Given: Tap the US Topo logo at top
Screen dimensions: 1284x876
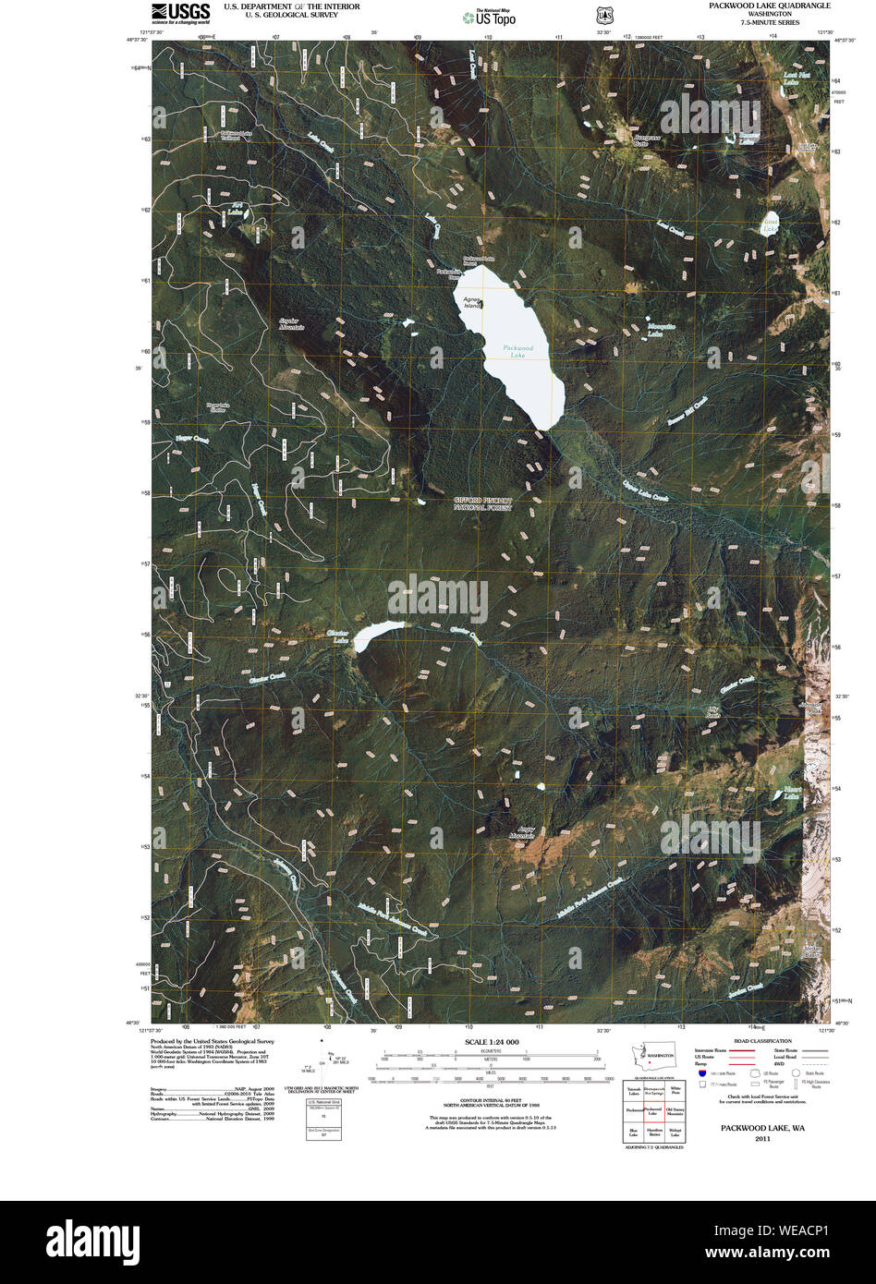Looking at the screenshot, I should (490, 17).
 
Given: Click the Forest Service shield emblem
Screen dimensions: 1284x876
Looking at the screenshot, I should (602, 17).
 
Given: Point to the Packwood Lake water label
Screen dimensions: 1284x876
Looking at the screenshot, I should (519, 351).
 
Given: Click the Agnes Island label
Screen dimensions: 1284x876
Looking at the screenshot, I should (472, 302).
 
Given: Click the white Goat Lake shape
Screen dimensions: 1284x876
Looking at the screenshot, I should (769, 224).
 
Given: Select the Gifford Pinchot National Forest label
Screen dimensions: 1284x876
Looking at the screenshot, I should (482, 503).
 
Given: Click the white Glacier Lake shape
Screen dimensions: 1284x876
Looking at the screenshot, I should (377, 633).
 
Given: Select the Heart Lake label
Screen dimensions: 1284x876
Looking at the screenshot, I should (792, 792).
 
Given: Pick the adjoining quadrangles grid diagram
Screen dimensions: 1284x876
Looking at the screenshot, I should (653, 1111).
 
